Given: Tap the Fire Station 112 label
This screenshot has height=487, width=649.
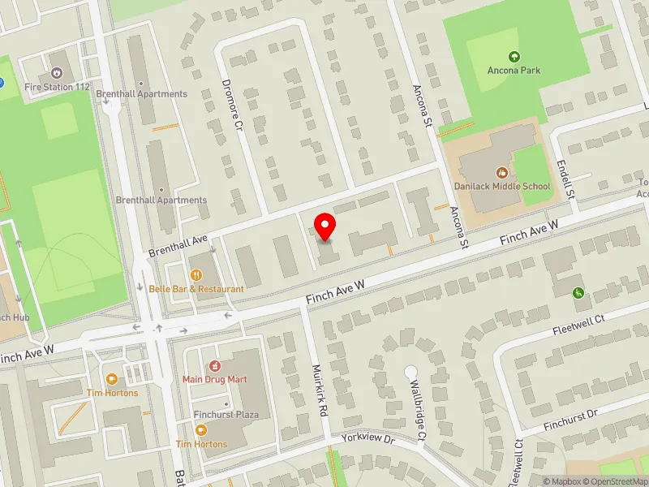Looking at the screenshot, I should coord(56,87).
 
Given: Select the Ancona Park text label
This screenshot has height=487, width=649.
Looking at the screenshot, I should coord(513,71).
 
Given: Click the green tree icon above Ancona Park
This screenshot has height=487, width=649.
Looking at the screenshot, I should coord(513,57).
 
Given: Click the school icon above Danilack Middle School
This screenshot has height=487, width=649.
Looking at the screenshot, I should coord(503,172).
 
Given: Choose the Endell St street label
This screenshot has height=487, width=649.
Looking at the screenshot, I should coord(565,180).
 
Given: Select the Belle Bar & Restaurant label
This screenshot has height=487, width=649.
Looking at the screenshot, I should coord(196,289).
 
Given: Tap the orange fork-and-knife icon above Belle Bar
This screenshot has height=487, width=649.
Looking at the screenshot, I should coord(196,275).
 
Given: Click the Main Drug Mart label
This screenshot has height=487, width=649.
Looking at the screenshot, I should coord(214,379).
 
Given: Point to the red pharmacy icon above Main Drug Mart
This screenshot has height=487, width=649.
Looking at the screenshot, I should coord(214,365).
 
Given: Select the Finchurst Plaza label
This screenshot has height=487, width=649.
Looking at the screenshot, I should coord(226,415).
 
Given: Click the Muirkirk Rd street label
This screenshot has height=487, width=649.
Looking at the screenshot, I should coord(320,390).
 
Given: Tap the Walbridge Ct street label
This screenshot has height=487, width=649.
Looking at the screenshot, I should coord(417,410).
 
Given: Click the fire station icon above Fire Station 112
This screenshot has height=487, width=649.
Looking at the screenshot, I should coord(56,72).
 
